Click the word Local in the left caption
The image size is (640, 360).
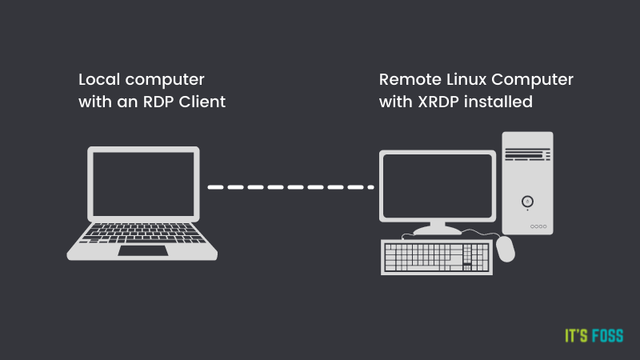tap(98, 81)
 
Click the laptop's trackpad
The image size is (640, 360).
tap(143, 250)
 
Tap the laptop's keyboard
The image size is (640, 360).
tap(143, 234)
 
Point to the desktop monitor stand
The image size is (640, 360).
tap(437, 227)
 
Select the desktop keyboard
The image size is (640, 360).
tap(437, 258)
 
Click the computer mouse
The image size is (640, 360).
tap(506, 249)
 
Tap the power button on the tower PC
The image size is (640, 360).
tap(527, 200)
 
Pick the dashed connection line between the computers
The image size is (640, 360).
tap(290, 187)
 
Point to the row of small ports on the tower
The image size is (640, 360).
tap(538, 226)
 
